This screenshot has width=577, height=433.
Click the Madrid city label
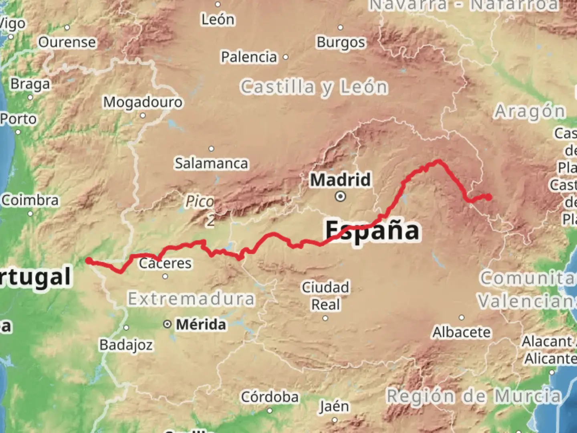[340, 180]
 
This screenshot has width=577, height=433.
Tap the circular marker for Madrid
[341, 196]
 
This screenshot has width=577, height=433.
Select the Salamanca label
[211, 163]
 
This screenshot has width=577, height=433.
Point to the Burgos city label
[341, 42]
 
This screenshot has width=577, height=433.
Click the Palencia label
[249, 57]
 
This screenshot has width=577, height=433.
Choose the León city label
[218, 19]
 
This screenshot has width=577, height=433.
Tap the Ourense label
[67, 42]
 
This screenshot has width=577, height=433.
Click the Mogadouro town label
[143, 102]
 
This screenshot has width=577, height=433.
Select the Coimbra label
[30, 200]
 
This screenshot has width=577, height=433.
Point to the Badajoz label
[126, 344]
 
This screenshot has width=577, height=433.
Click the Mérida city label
[201, 324]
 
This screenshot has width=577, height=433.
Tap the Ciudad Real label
[325, 296]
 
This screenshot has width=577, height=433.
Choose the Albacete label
[461, 332]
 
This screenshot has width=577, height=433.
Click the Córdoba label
[270, 397]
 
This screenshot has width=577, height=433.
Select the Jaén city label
[334, 407]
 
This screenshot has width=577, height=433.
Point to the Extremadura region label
[191, 299]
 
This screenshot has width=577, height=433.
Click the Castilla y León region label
[314, 87]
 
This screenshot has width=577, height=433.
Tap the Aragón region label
[529, 111]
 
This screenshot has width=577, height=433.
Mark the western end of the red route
[88, 261]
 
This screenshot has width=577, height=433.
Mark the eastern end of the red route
[489, 197]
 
